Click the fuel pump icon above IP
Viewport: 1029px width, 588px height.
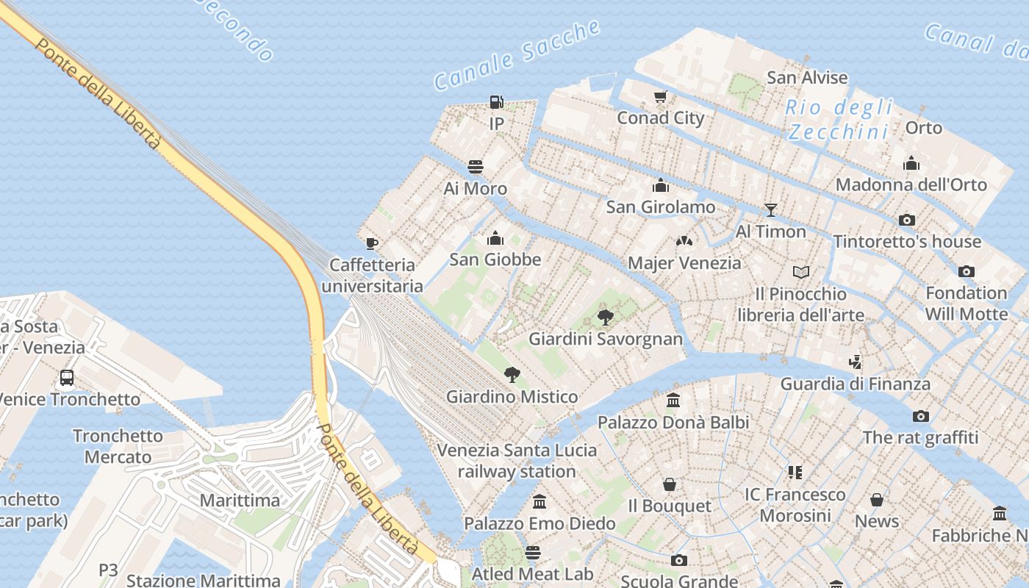coord(497,102)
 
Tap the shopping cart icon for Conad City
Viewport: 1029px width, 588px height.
coord(660,97)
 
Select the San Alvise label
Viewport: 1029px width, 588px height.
coord(807,77)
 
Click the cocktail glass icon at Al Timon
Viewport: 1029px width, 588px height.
coord(770,210)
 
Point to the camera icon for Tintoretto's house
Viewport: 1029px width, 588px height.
coord(907,220)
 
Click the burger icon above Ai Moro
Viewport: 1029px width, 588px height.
coord(476,167)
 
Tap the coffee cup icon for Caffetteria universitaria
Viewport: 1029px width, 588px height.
coord(372,243)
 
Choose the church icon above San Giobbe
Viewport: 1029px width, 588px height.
coord(495,238)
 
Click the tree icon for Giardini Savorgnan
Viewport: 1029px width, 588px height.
coord(606,318)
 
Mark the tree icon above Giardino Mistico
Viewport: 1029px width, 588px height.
coord(512,375)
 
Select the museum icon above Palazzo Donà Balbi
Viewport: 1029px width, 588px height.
coord(673,401)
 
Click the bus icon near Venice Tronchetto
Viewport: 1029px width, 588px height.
coord(67,378)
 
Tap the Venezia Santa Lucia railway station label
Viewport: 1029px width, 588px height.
coord(517,460)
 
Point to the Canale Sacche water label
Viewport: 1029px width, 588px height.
coord(517,56)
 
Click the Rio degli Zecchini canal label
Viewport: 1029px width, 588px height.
coord(839,119)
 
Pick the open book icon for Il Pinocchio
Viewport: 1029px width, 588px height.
coord(801,272)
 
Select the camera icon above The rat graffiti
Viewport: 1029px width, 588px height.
coord(920,416)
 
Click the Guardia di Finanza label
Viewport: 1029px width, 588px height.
coord(855,384)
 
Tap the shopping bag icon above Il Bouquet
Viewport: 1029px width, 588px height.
coord(669,484)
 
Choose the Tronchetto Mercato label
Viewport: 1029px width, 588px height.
coord(118,446)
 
